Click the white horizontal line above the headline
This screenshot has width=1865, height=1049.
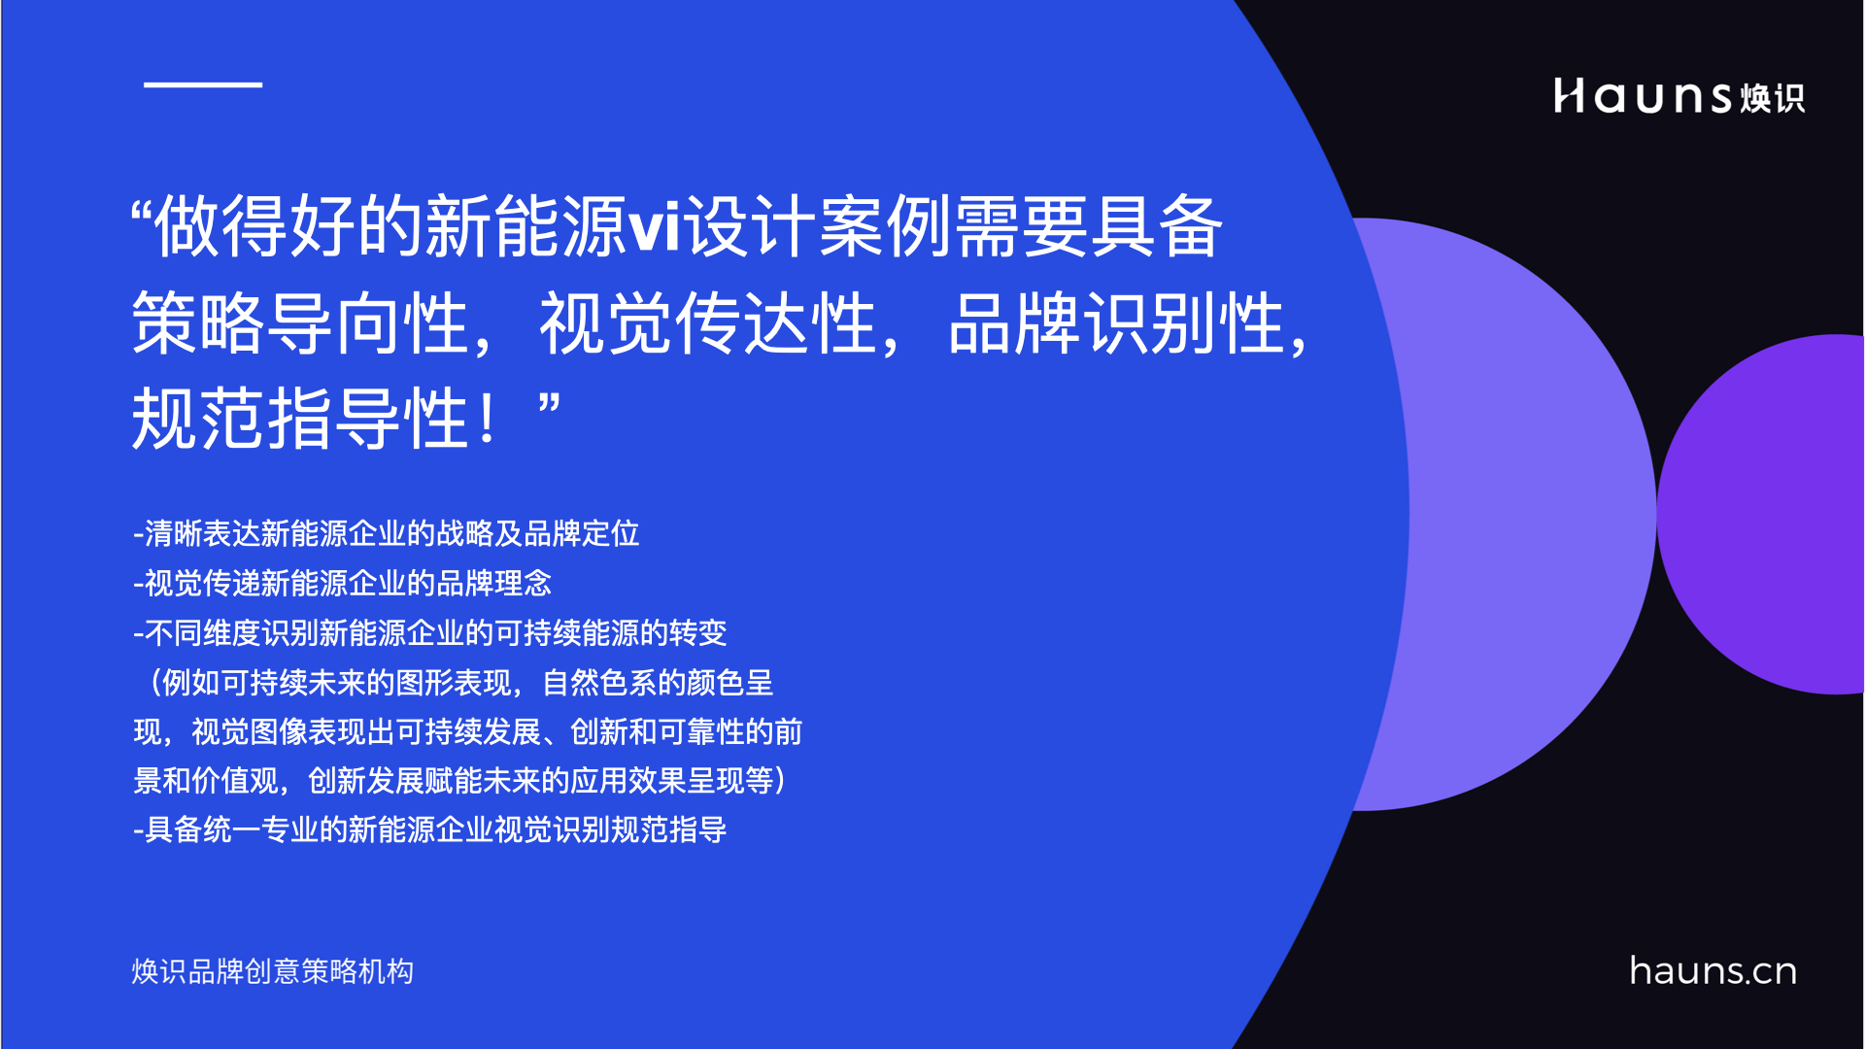[203, 85]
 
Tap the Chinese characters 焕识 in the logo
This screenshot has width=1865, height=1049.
[1772, 98]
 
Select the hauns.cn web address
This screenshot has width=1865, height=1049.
[1712, 971]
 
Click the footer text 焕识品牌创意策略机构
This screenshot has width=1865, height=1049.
[273, 971]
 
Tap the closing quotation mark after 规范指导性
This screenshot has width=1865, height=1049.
[550, 405]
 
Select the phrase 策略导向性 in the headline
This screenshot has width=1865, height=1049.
[301, 323]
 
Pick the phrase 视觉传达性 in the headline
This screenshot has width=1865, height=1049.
[708, 323]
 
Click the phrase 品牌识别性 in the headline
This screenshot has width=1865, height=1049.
[1116, 323]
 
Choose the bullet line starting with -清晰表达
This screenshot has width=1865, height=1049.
[387, 533]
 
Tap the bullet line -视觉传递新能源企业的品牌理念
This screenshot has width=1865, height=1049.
[343, 583]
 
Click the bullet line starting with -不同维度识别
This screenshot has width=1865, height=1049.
[430, 633]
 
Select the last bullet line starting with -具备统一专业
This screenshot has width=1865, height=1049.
[430, 829]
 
